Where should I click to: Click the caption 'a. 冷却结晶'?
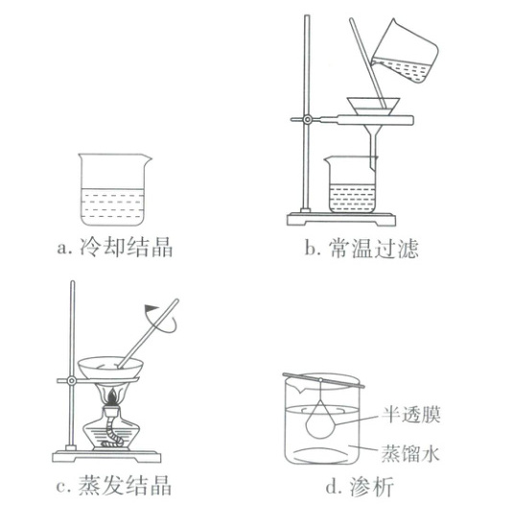114,247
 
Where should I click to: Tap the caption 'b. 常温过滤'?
362,248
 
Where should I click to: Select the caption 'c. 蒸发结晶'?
114,485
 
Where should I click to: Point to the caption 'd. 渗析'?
360,486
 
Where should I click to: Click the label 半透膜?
411,415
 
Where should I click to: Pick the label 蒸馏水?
410,453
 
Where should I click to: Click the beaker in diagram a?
114,190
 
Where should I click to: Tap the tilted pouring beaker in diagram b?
405,52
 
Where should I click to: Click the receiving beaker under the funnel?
351,184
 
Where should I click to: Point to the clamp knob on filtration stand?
307,119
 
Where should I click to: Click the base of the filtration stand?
341,220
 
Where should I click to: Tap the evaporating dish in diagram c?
110,368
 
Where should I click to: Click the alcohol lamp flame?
112,398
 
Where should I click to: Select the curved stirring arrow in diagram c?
160,319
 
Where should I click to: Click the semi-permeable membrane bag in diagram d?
320,421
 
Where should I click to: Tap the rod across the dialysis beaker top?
323,380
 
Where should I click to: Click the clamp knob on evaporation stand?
71,381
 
